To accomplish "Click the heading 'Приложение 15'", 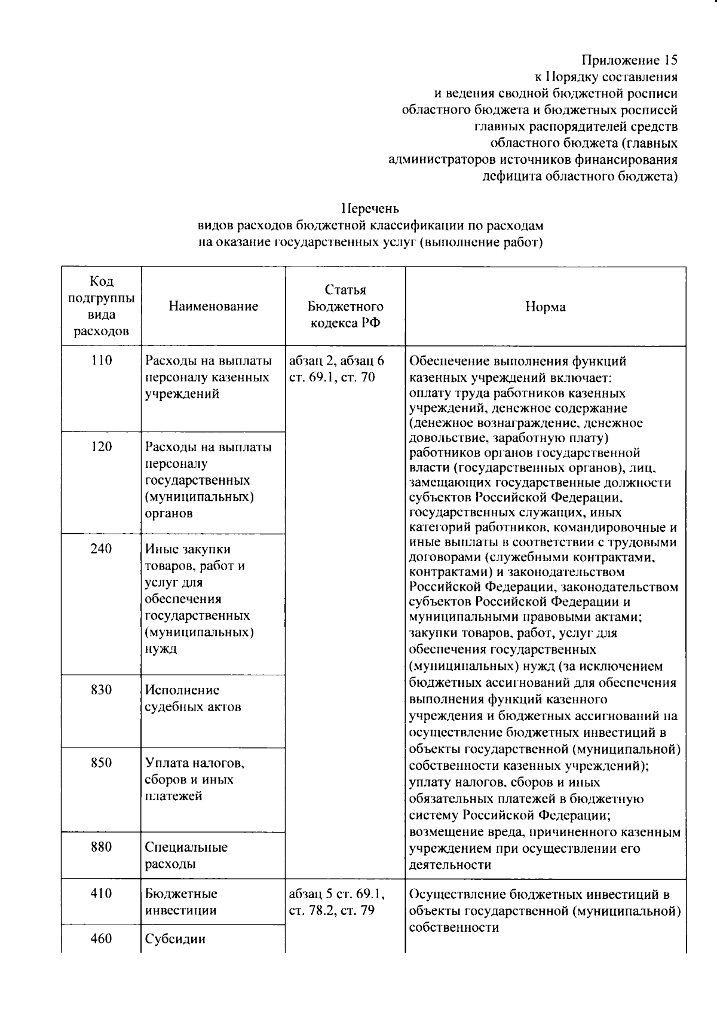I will point(630,60).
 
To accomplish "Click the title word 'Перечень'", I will point(370,209).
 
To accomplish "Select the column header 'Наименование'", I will point(213,307).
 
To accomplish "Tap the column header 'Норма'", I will point(545,307).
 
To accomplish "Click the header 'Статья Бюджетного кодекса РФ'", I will point(345,307).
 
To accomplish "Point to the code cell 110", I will point(102,361).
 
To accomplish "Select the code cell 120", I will point(102,447).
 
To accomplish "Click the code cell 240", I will point(102,549).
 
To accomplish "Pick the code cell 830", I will point(102,690).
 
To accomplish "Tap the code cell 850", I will point(102,763).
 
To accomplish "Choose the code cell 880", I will point(102,847).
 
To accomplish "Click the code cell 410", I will point(102,894).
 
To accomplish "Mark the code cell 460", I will point(102,939).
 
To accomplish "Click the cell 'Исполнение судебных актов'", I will point(192,699).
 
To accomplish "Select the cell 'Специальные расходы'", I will point(186,856).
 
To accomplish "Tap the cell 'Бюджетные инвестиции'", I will point(181,902).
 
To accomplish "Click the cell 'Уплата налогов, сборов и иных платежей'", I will point(194,780).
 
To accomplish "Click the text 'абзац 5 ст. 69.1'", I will point(336,894).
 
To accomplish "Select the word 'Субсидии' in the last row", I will point(175,939).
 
